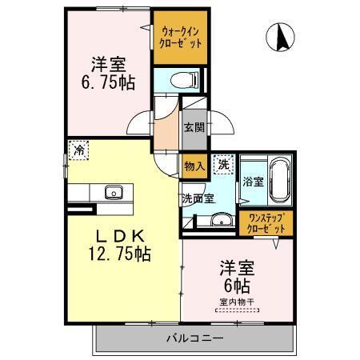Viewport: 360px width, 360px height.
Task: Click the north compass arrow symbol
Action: point(282,37)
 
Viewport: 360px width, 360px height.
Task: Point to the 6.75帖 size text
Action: point(106,82)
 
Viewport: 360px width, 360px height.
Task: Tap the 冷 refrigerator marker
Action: point(78,150)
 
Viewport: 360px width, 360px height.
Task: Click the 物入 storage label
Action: point(194,166)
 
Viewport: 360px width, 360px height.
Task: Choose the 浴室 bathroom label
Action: point(254,182)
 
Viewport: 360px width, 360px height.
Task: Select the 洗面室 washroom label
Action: point(197,198)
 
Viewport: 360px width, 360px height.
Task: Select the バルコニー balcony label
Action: point(195,338)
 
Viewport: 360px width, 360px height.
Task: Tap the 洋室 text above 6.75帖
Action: point(106,64)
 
